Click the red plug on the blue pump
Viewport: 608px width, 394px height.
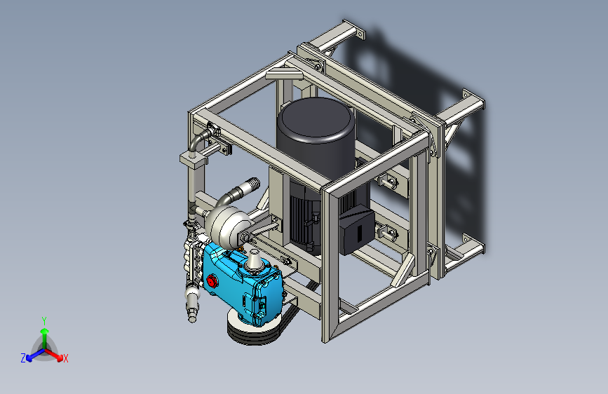211,280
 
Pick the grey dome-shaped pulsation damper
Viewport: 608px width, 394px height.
229,227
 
